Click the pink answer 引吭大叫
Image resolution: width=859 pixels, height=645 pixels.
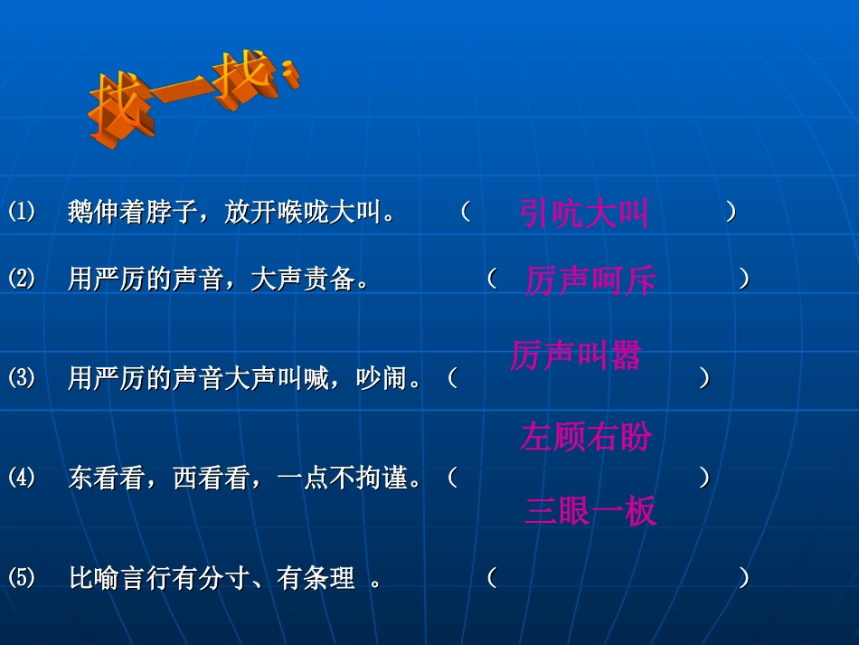(x=584, y=214)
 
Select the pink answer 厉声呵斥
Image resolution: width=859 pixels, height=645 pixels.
(x=590, y=281)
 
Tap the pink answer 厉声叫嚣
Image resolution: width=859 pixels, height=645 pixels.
(x=575, y=356)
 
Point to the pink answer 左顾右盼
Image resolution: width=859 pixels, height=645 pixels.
(x=586, y=438)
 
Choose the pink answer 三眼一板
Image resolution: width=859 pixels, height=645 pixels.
(x=590, y=512)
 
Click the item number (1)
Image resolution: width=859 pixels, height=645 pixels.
(x=22, y=213)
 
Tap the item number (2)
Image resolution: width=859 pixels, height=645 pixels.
(x=22, y=279)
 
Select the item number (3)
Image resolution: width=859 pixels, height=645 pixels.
(x=22, y=378)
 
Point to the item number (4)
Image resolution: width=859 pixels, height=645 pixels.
(x=22, y=478)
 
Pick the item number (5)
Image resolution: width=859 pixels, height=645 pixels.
(x=22, y=577)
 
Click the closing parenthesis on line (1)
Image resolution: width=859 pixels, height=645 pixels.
(x=731, y=213)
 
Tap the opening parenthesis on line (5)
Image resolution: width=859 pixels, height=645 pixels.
(x=492, y=577)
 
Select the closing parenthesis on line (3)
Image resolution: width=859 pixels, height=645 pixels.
(x=704, y=378)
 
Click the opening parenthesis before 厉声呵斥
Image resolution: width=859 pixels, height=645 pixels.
(x=492, y=279)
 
